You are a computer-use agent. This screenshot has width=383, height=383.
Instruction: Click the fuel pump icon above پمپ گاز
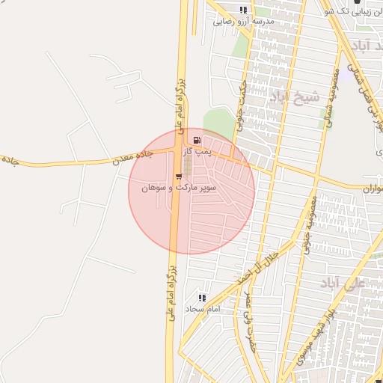197,140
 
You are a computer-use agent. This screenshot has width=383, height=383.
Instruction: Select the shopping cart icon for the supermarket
178,177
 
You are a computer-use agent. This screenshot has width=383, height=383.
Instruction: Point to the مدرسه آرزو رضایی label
245,21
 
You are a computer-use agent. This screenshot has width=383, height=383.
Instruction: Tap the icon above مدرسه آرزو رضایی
242,10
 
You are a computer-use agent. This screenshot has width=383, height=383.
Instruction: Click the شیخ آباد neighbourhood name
294,96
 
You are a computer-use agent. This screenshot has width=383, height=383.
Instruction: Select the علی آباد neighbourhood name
341,284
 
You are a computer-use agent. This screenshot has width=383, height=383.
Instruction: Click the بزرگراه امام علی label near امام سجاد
170,288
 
